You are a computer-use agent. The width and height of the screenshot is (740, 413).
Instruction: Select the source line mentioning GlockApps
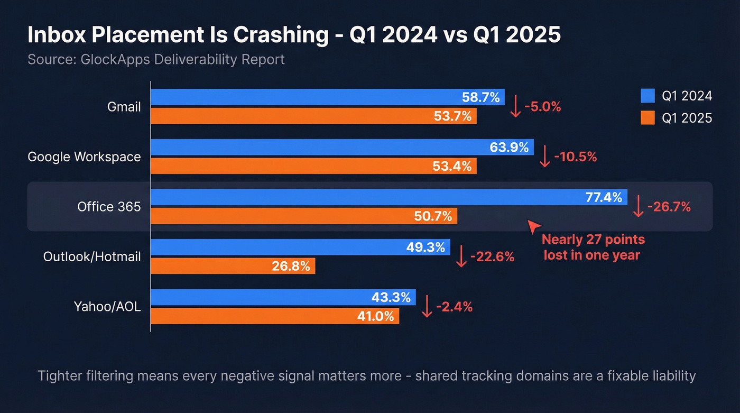(x=156, y=59)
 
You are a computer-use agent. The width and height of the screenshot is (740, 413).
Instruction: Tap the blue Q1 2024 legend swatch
(x=647, y=96)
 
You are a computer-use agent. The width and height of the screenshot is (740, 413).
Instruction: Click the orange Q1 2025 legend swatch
(x=647, y=118)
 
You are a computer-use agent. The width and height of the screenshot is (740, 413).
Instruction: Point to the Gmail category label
(x=124, y=107)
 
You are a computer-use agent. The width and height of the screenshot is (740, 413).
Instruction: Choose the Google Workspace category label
(x=84, y=157)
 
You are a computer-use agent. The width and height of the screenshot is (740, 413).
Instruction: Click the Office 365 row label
(x=109, y=207)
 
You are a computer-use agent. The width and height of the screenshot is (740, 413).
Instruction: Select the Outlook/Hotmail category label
(x=92, y=257)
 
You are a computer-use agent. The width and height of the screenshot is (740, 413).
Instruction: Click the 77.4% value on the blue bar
(x=604, y=198)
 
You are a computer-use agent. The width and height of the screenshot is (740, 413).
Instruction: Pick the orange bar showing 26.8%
(x=233, y=266)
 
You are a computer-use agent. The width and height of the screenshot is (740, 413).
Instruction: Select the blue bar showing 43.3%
(x=283, y=298)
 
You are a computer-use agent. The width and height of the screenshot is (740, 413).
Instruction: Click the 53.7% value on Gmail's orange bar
(x=452, y=116)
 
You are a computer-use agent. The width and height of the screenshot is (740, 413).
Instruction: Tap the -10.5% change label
(x=576, y=157)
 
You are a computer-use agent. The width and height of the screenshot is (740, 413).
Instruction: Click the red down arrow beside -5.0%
(x=515, y=107)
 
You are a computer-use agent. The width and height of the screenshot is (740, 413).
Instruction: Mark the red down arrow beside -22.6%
(x=461, y=257)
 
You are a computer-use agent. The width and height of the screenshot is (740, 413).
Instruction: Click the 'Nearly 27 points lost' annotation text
(x=593, y=247)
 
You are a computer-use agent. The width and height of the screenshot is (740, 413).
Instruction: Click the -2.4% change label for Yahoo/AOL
(x=454, y=307)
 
